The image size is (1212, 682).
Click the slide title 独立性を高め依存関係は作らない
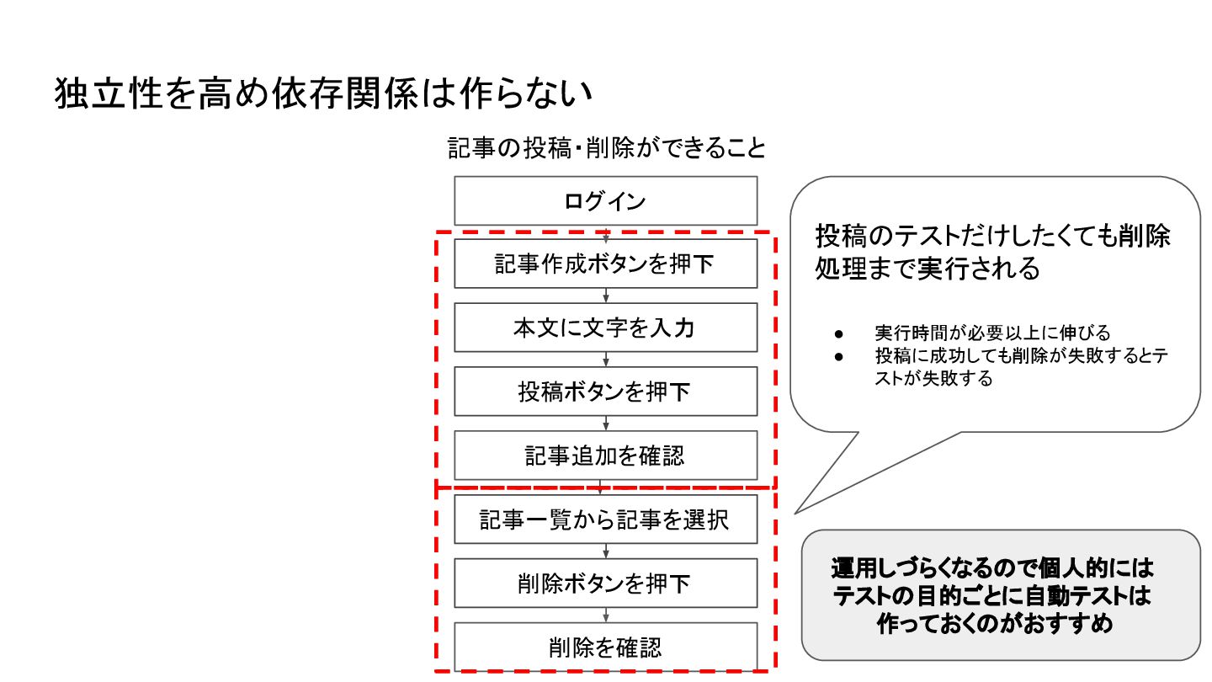click(325, 94)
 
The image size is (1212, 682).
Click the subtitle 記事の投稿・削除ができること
click(606, 148)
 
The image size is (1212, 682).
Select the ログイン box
click(605, 200)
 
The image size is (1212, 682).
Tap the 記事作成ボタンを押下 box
click(605, 264)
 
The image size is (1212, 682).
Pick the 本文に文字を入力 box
click(605, 328)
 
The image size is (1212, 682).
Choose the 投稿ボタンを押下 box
click(605, 392)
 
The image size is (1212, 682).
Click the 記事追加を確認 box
click(605, 456)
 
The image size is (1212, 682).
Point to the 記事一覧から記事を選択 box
click(605, 519)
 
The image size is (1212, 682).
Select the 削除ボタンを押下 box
click(605, 583)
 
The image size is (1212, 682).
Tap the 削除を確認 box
click(605, 647)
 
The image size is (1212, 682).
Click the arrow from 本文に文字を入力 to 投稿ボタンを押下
click(606, 360)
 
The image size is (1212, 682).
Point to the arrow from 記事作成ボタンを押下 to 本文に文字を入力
click(606, 296)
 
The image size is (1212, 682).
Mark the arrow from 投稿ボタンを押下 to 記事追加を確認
click(606, 424)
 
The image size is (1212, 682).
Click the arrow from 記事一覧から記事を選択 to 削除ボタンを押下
click(606, 551)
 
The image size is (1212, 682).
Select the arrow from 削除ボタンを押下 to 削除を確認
click(606, 615)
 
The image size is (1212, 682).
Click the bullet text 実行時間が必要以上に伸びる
click(992, 333)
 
